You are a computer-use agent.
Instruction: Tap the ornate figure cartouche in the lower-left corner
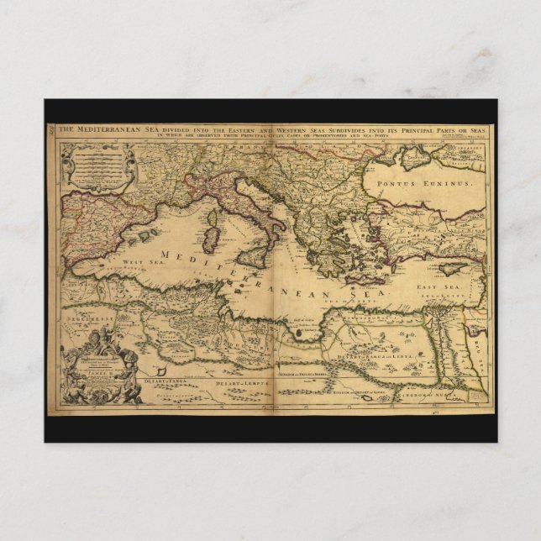pos(101,365)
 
